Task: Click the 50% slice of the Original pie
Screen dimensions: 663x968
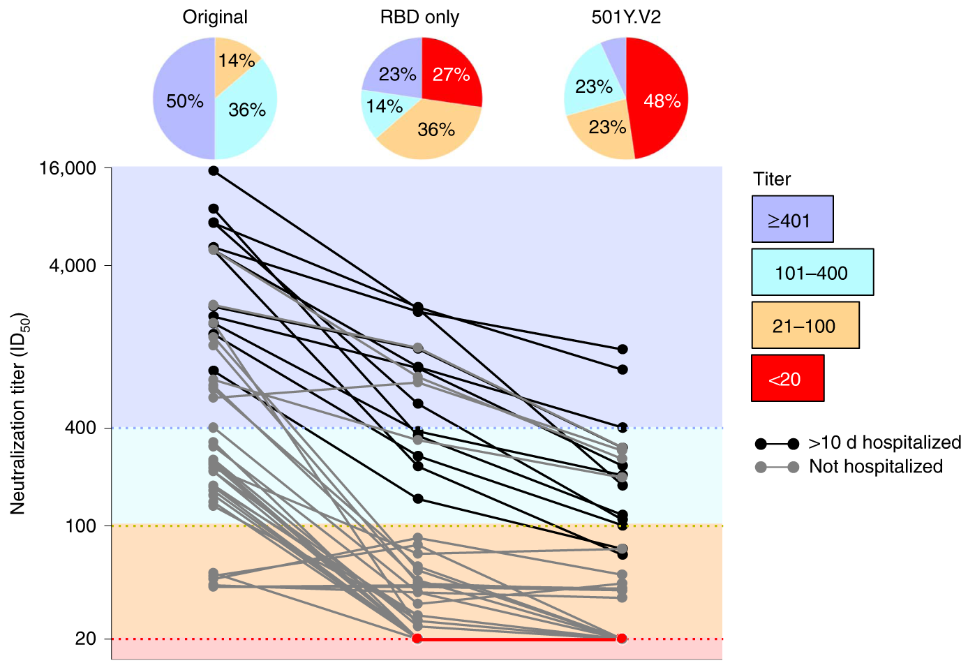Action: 183,100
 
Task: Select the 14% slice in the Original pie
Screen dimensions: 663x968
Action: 236,61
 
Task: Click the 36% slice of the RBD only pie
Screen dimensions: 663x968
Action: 435,130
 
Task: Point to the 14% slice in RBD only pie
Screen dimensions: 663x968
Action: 384,107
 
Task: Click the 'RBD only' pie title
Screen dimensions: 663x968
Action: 419,17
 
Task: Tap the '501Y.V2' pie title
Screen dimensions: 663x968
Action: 626,17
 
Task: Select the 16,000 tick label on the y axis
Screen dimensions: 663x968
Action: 68,168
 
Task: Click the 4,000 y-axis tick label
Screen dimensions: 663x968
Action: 73,266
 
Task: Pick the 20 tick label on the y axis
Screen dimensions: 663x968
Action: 85,639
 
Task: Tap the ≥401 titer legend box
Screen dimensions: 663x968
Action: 792,219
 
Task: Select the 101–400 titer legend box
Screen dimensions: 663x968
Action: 812,272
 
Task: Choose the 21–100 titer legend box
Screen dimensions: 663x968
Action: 805,325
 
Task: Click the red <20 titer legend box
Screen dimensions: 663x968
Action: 787,378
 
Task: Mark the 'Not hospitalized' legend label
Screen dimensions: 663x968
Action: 875,467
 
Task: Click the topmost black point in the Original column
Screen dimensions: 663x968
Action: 214,171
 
